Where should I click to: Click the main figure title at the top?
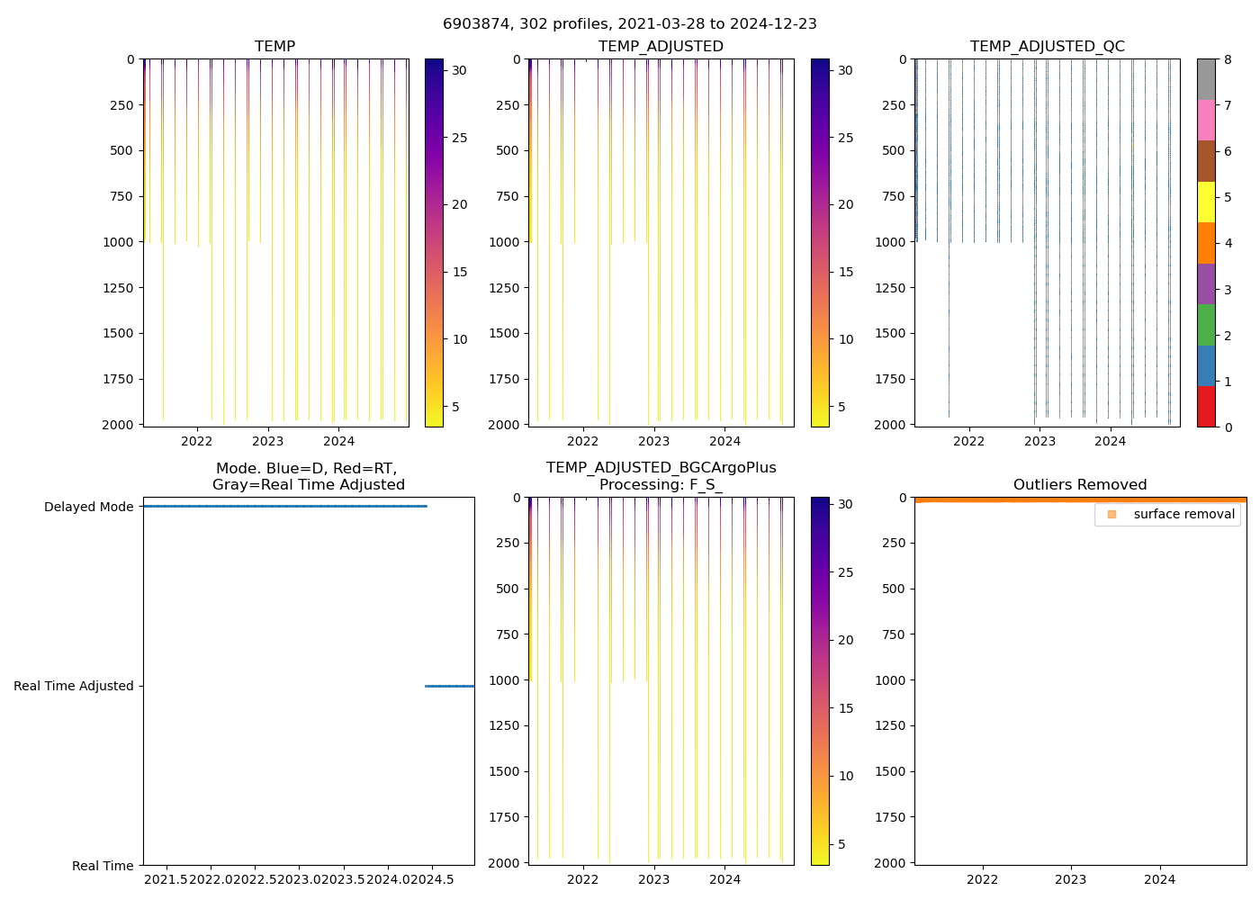click(630, 24)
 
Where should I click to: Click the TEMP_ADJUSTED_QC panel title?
click(1047, 47)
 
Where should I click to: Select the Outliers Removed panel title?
click(1080, 485)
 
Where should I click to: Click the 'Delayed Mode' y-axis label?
click(88, 507)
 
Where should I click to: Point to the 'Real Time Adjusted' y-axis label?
click(73, 686)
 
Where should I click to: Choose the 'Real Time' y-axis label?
click(103, 866)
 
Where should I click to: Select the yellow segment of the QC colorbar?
click(1206, 202)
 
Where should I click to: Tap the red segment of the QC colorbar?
click(1206, 406)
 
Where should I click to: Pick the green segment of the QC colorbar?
click(1206, 324)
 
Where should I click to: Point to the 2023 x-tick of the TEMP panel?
click(267, 441)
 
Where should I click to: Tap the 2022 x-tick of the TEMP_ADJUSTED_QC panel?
click(968, 441)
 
